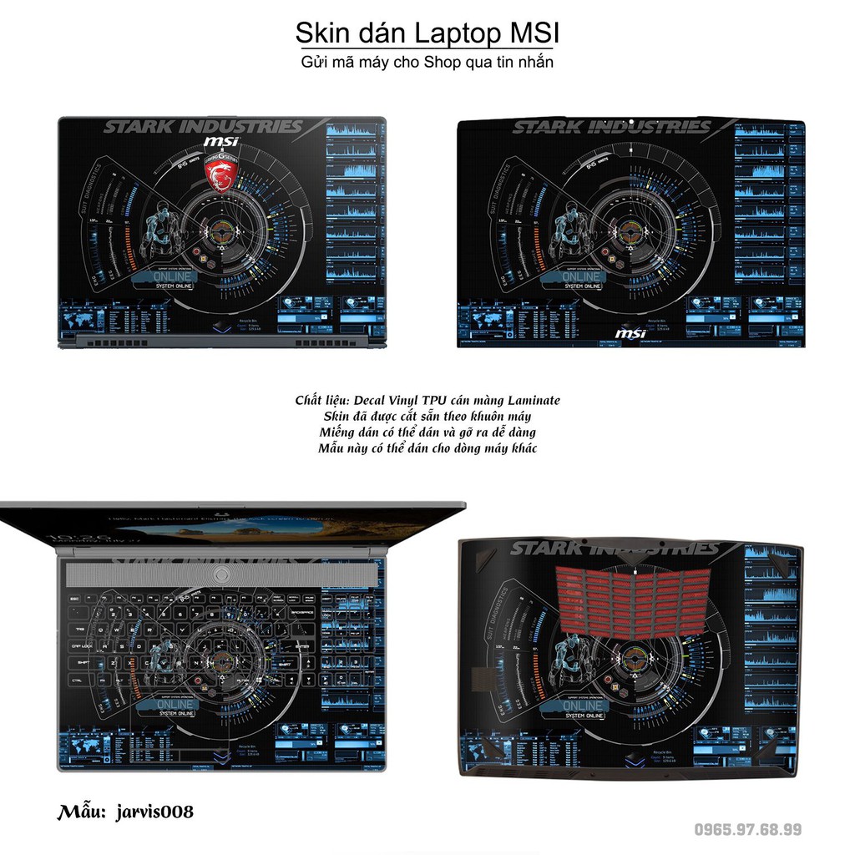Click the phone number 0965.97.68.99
[748, 829]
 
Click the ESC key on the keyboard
[75, 599]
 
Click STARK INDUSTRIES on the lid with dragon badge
[202, 127]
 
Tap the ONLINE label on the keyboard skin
[175, 704]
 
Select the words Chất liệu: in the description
[321, 401]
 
